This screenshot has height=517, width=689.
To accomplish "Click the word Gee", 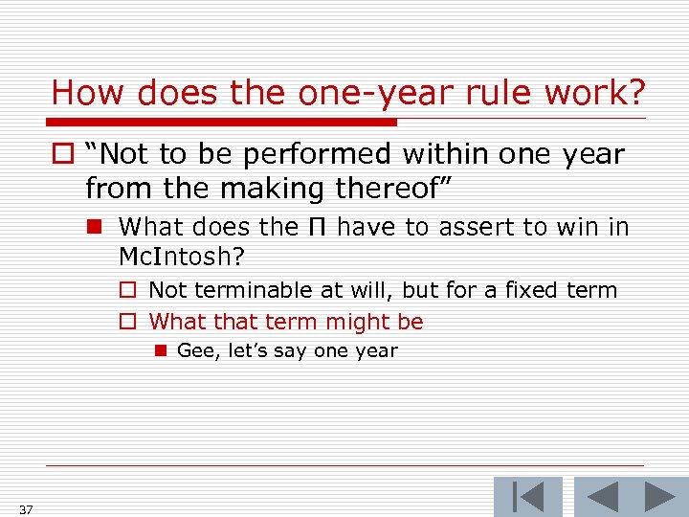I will [196, 350].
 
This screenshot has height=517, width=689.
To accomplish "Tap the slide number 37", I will [25, 509].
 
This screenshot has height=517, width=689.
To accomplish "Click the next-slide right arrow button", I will [660, 497].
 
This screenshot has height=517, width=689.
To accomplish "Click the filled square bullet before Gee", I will [160, 351].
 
